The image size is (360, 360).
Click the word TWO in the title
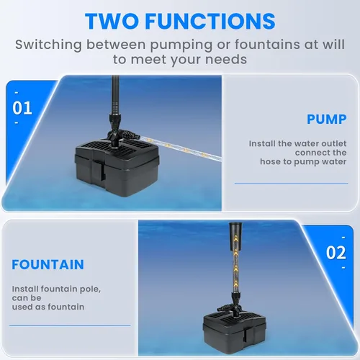(x=112, y=21)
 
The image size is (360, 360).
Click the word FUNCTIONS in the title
(x=210, y=21)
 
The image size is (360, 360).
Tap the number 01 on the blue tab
(x=22, y=108)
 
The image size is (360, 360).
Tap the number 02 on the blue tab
(x=336, y=253)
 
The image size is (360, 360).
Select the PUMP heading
(x=327, y=120)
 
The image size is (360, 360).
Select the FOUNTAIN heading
(x=48, y=264)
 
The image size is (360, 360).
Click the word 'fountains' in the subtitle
(x=267, y=45)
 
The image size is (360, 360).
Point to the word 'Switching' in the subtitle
(x=48, y=45)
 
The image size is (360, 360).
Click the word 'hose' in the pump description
(x=271, y=161)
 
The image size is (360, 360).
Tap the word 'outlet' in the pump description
(x=334, y=143)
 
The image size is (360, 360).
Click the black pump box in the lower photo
(x=235, y=332)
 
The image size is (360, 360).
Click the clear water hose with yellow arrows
(x=181, y=148)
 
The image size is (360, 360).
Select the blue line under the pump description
(x=291, y=184)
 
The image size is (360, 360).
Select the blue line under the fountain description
(x=70, y=325)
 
